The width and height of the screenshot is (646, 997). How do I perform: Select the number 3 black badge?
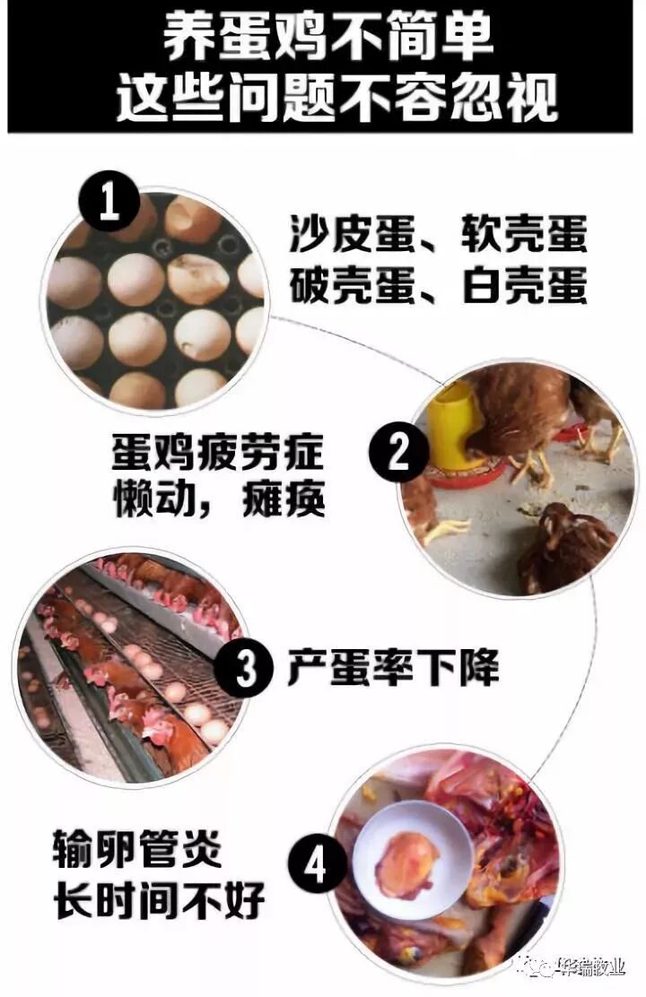245,668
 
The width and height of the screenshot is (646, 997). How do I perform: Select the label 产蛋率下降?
393,667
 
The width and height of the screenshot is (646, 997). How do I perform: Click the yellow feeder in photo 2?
455,423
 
